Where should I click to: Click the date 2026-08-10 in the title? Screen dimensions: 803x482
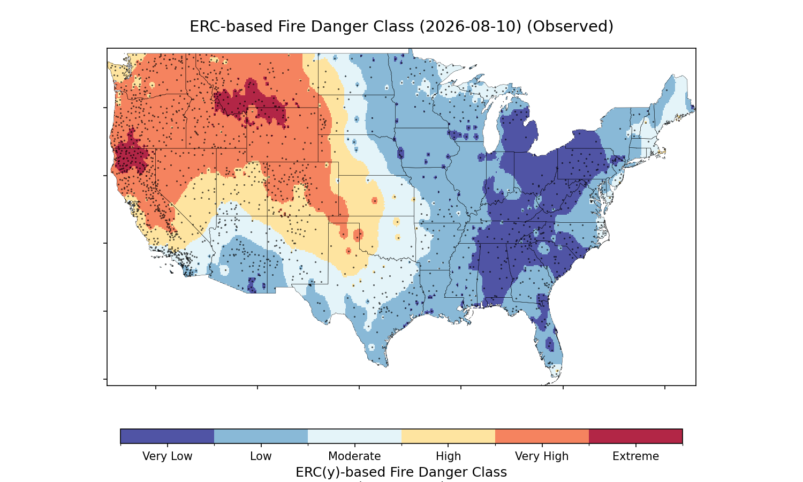click(471, 27)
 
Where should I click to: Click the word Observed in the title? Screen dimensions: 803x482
click(570, 27)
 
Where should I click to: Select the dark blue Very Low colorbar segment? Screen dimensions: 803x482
click(168, 436)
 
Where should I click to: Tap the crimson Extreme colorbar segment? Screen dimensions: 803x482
click(635, 436)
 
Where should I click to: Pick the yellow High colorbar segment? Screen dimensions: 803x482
click(449, 436)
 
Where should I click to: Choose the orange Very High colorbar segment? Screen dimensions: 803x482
click(542, 436)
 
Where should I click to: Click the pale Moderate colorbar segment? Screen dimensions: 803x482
click(354, 436)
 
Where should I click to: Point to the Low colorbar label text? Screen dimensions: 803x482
click(261, 456)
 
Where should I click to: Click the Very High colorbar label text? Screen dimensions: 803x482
click(542, 456)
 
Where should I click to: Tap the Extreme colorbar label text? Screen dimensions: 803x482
click(635, 456)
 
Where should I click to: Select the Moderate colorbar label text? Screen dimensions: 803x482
click(354, 456)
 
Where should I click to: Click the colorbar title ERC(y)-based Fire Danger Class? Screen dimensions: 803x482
click(401, 472)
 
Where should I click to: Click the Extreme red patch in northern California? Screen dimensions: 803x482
click(131, 154)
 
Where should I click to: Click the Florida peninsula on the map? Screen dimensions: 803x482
click(549, 341)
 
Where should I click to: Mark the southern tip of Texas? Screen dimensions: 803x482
click(386, 366)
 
